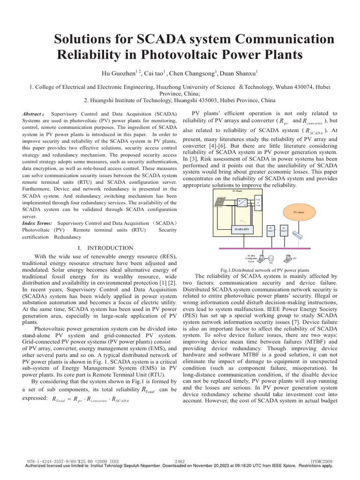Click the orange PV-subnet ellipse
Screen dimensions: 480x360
[x=298, y=212]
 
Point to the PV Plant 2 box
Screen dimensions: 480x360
[x=270, y=230]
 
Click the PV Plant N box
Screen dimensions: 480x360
[x=284, y=230]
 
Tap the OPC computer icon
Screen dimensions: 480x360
[x=287, y=257]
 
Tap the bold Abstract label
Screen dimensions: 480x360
[x=33, y=114]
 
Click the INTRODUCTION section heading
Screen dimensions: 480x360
[x=104, y=248]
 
